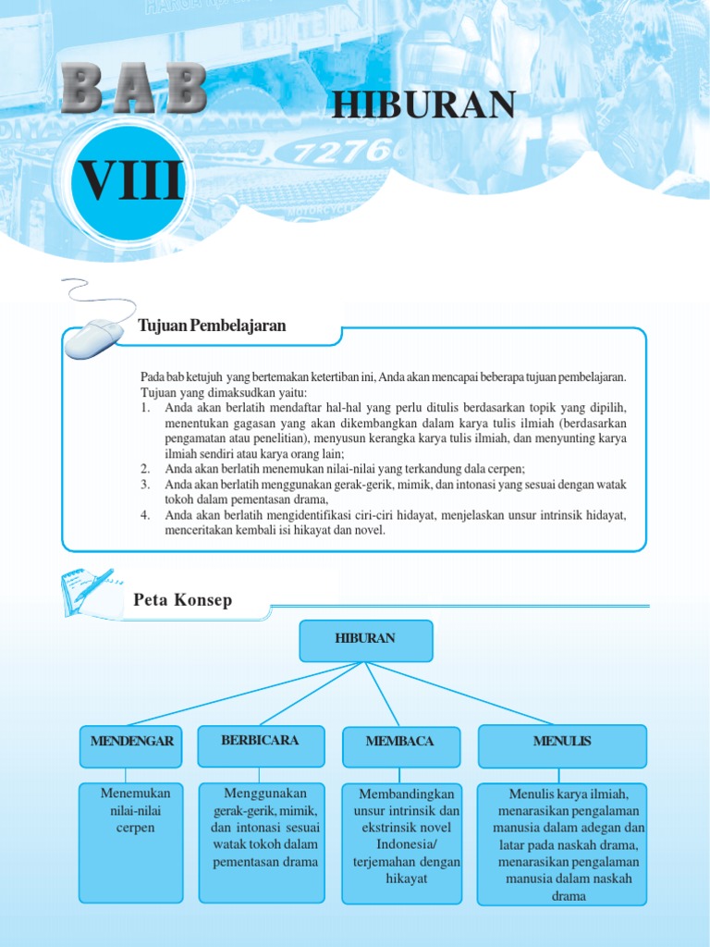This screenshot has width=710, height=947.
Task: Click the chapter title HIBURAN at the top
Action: pos(423,105)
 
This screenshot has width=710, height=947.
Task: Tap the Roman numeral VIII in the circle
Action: pos(129,181)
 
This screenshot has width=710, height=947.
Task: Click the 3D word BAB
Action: pos(134,90)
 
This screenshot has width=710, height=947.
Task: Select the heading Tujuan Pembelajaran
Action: pos(212,326)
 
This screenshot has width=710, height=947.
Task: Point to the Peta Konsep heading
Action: pos(183,601)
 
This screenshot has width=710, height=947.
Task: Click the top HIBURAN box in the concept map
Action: pos(365,640)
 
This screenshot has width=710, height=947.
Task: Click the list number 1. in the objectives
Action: pos(146,408)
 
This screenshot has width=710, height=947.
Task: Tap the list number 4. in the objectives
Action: pos(146,515)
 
